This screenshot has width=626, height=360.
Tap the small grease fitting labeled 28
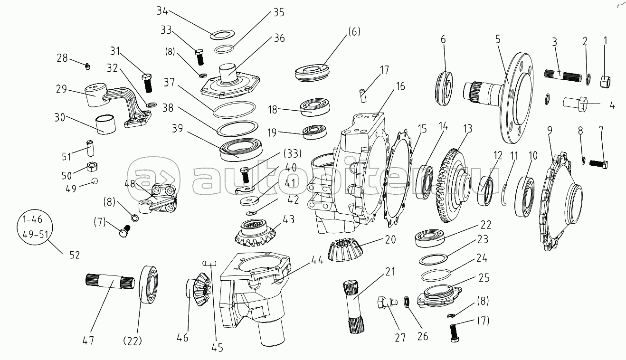87,66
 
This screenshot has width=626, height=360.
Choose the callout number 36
279,38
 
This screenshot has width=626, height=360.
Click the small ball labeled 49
95,180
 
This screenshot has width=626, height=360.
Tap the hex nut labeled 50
92,166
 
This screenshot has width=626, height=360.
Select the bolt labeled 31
147,83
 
